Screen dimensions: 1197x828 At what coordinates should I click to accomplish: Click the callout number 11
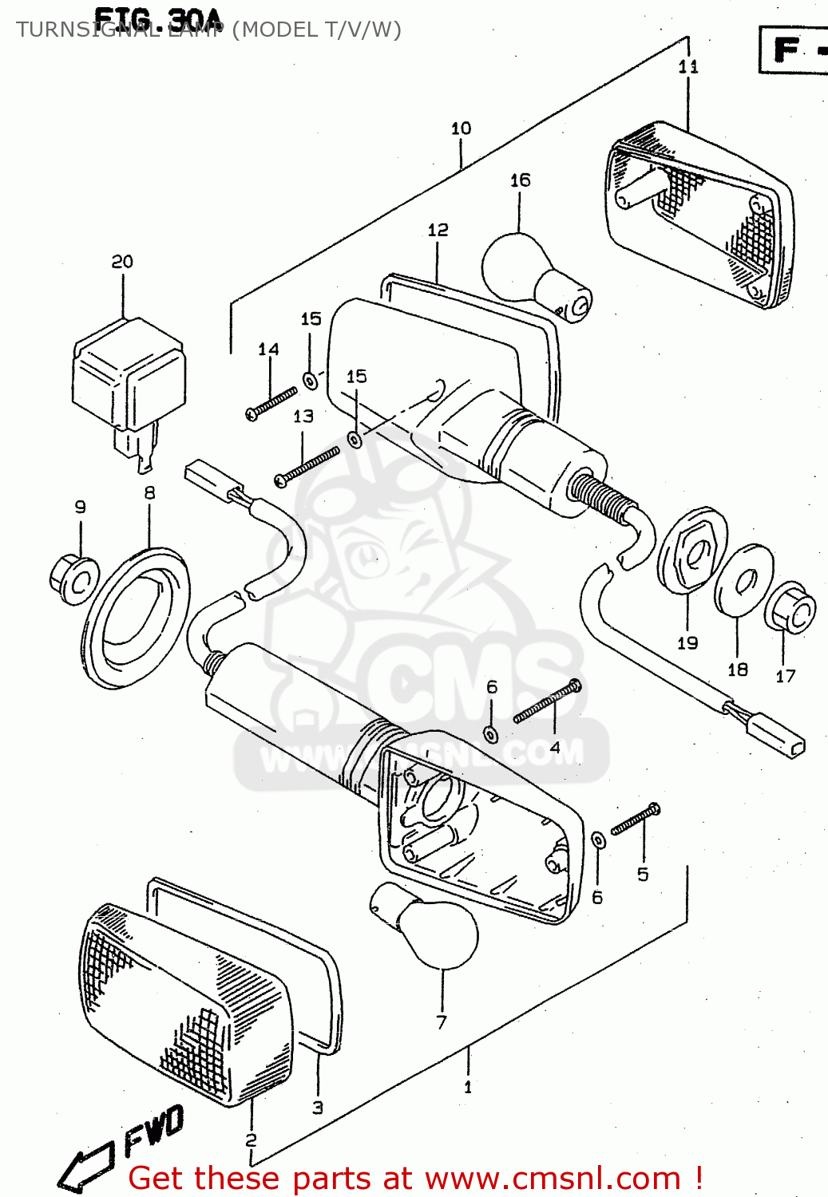pyautogui.click(x=688, y=67)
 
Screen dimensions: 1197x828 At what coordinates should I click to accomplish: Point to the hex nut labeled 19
pyautogui.click(x=691, y=551)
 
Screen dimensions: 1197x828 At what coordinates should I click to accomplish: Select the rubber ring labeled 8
pyautogui.click(x=136, y=618)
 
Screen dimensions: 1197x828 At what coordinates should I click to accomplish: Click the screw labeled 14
pyautogui.click(x=271, y=402)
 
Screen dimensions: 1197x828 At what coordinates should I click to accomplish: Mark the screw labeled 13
pyautogui.click(x=307, y=467)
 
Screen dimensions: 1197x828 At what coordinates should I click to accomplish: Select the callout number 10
pyautogui.click(x=461, y=128)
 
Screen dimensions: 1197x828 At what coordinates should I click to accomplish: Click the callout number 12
pyautogui.click(x=438, y=230)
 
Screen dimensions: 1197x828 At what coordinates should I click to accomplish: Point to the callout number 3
pyautogui.click(x=318, y=1108)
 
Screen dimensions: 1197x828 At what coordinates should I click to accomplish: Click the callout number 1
pyautogui.click(x=468, y=1087)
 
